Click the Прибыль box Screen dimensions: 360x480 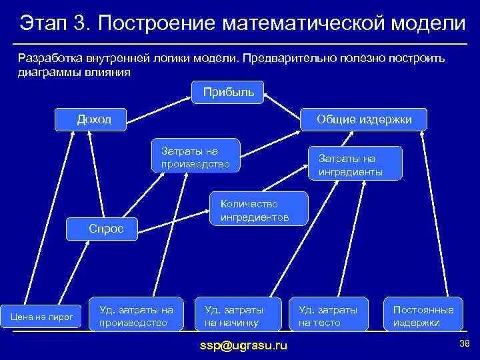pos(228,92)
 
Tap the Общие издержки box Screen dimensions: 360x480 pos(364,119)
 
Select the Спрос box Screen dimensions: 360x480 pos(105,229)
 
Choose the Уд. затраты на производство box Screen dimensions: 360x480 pos(136,315)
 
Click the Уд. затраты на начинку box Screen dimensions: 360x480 pos(234,315)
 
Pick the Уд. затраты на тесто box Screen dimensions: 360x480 pos(329,315)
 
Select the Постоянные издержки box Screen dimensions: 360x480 pos(423,315)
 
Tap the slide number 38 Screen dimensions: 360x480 pos(465,343)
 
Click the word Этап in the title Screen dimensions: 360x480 pos(45,23)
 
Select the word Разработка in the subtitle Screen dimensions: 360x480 pos(52,59)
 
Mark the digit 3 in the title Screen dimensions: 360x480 pos(81,23)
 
